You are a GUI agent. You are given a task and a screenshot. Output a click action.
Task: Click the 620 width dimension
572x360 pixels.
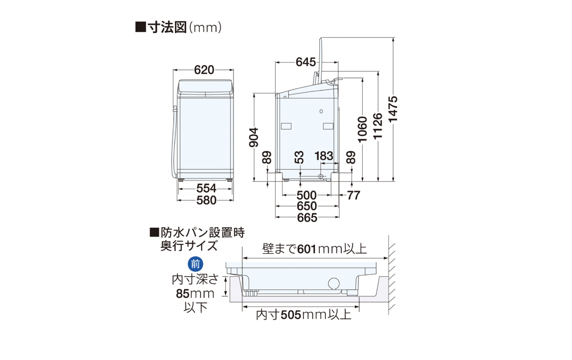pos(204,70)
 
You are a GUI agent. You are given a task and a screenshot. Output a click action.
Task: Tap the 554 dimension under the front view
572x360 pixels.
pos(206,188)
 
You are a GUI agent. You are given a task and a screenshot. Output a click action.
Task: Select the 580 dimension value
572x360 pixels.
pos(206,200)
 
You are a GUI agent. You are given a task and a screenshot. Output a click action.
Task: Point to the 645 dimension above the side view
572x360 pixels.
pos(306,62)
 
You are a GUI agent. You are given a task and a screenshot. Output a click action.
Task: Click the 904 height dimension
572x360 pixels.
pos(254,137)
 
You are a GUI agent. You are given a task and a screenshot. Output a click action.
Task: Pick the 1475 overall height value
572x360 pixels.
pos(393,109)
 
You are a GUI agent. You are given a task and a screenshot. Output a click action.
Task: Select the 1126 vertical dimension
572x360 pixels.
pos(378,126)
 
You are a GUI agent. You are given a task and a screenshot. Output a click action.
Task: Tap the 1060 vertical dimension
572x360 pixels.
pos(362,130)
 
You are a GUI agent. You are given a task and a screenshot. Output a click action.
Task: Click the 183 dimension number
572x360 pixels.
pos(324,156)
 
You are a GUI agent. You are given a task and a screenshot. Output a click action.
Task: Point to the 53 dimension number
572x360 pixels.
pos(299,157)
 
